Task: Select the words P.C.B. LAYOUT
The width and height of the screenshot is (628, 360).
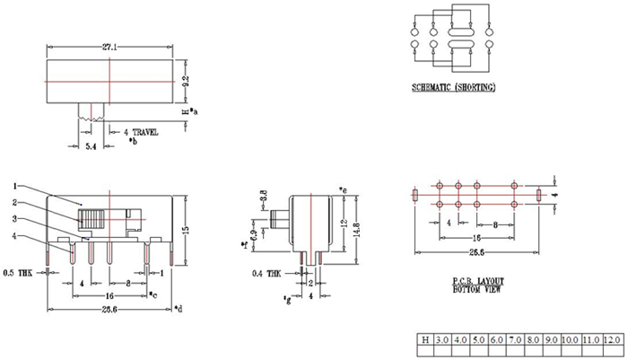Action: pyautogui.click(x=478, y=281)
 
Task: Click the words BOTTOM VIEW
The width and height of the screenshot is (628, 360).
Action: pyautogui.click(x=478, y=290)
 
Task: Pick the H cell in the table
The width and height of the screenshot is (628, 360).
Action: pyautogui.click(x=424, y=342)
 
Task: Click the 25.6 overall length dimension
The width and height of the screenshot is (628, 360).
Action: pyautogui.click(x=111, y=310)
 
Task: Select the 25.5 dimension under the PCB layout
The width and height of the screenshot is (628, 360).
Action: pyautogui.click(x=476, y=254)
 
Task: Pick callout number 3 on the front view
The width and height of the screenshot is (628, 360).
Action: pyautogui.click(x=14, y=218)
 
